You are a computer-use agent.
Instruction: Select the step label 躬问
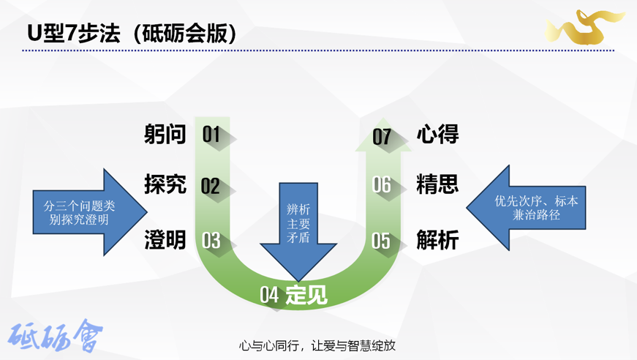coord(165,135)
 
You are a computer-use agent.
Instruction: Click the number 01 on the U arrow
coord(211,135)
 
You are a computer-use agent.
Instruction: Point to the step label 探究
coord(165,184)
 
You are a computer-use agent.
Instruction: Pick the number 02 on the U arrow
coord(211,186)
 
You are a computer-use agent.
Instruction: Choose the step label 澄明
coord(165,239)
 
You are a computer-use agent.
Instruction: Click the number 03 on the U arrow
coord(211,240)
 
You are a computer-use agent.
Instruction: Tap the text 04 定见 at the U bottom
coord(294,295)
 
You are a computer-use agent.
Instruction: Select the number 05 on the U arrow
coord(381,240)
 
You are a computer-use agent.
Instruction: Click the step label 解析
coord(437,239)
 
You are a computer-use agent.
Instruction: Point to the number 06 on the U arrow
coord(382,185)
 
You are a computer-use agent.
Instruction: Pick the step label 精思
coord(437,184)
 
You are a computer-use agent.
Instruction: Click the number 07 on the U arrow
coord(382,137)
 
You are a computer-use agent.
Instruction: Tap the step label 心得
coord(437,135)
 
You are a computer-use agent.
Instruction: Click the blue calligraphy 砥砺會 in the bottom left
coord(56,336)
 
